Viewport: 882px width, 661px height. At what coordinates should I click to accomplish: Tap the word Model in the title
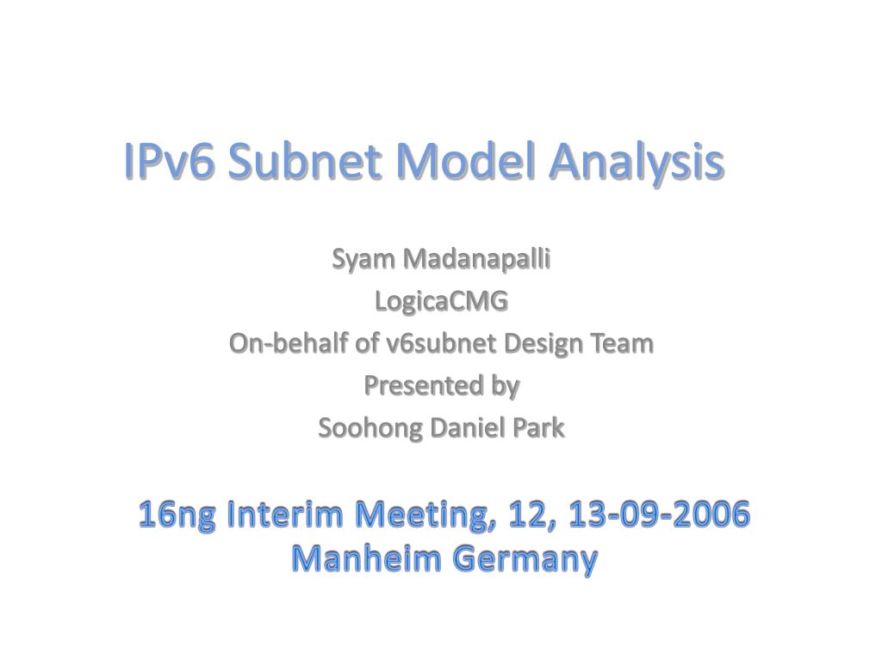click(x=465, y=161)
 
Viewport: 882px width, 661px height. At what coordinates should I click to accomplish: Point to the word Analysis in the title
click(x=637, y=163)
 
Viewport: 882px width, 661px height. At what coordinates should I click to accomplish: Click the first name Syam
click(x=363, y=260)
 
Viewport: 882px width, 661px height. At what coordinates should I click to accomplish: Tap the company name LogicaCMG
click(x=441, y=301)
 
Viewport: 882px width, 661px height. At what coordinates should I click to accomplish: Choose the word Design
click(x=543, y=344)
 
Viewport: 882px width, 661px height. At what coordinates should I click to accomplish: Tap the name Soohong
click(x=370, y=429)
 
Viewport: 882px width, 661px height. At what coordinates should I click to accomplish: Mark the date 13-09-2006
click(x=660, y=515)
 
